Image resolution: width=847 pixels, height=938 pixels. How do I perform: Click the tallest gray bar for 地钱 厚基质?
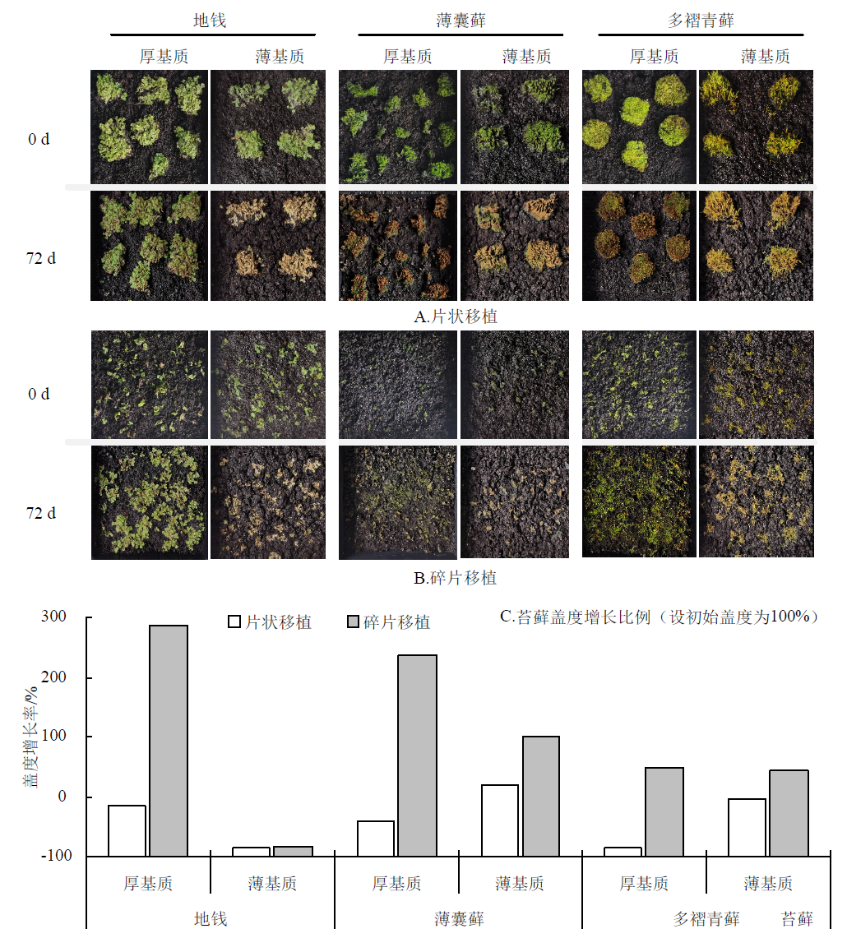[x=169, y=740]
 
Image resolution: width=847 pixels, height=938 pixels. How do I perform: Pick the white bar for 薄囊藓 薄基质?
[x=500, y=820]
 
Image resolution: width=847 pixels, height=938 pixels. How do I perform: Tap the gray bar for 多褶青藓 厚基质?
[x=664, y=811]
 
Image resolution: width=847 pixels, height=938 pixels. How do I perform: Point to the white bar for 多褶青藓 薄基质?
[x=747, y=827]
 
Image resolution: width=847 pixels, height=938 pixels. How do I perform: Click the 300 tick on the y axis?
[x=75, y=617]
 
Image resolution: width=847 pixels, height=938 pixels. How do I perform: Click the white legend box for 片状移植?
[x=234, y=621]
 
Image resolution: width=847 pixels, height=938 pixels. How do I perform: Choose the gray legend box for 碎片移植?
[x=353, y=621]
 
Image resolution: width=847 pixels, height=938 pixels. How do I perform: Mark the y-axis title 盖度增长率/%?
[x=30, y=736]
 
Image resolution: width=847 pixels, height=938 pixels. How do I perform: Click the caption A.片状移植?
[x=456, y=317]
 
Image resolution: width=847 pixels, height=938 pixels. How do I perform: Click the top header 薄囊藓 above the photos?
[x=461, y=21]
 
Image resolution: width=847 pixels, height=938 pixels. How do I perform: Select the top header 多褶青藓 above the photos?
[x=701, y=21]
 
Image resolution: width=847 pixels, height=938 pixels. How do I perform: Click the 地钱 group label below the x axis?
[x=211, y=919]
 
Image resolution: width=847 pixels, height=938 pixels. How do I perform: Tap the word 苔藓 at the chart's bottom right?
[x=797, y=919]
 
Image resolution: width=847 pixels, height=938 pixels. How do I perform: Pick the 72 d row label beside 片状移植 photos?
[x=41, y=258]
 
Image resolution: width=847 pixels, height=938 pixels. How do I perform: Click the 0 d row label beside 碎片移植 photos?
[x=39, y=394]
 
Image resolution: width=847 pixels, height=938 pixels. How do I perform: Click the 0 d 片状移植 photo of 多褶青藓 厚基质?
[x=638, y=127]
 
